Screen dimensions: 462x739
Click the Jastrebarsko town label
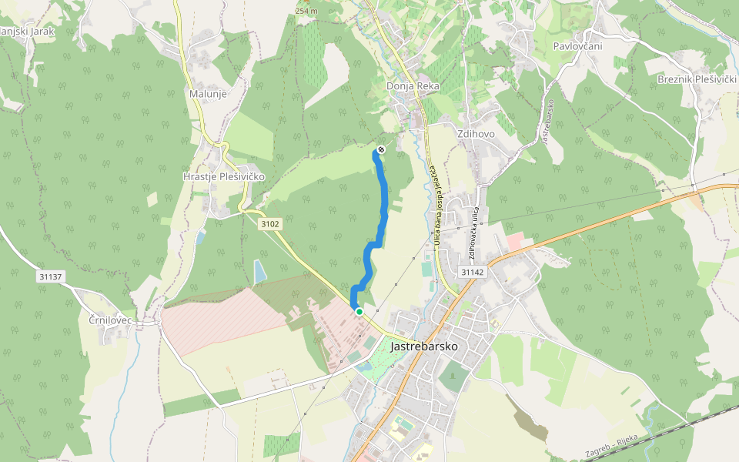pos(423,346)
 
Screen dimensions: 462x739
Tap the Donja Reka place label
pos(412,86)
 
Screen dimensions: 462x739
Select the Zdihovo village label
pos(476,133)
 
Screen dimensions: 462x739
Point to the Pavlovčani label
pos(577,46)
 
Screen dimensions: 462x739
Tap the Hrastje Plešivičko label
pos(224,176)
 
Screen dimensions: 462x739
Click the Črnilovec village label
pos(111,320)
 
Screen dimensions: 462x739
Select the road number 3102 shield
pos(270,224)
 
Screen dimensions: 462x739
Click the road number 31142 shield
pos(472,272)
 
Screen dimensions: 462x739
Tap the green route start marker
pos(359,311)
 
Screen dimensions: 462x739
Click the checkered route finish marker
pos(381,149)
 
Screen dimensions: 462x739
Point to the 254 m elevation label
pos(306,11)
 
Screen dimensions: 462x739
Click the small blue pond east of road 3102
pos(259,270)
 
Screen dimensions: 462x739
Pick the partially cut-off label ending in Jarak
pos(26,32)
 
